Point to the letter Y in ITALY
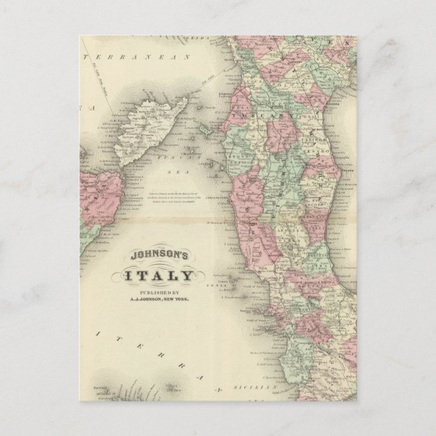coord(188,277)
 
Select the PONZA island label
coord(240,286)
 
